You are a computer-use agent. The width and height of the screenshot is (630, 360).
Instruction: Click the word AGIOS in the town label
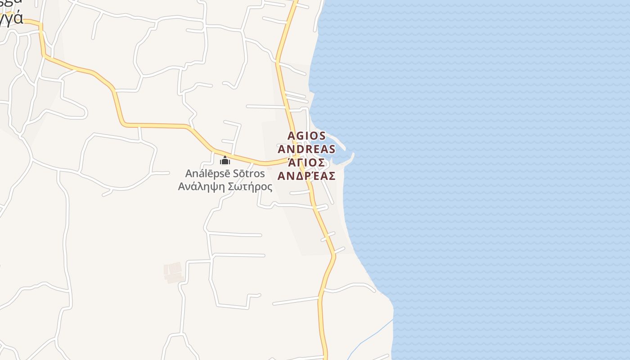306,136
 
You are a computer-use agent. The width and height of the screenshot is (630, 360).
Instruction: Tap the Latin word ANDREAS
306,149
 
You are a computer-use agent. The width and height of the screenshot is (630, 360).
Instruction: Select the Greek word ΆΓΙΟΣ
306,162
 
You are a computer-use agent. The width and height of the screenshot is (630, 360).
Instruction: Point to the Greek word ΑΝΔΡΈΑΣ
306,175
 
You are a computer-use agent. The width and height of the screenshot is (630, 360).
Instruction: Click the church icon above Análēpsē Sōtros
225,161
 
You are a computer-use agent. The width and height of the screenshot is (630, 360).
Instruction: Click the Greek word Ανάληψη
201,186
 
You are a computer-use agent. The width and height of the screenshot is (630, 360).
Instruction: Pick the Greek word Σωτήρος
250,186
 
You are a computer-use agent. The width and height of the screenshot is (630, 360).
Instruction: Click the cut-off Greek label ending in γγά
11,18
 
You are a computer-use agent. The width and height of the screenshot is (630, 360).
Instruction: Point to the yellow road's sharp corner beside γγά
41,24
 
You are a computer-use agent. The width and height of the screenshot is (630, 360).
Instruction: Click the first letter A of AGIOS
291,136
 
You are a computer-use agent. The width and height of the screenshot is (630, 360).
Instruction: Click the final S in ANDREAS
332,149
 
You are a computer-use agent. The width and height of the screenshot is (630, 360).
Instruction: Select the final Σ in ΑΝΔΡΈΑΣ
332,175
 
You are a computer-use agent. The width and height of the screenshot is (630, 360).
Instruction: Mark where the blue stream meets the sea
392,319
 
